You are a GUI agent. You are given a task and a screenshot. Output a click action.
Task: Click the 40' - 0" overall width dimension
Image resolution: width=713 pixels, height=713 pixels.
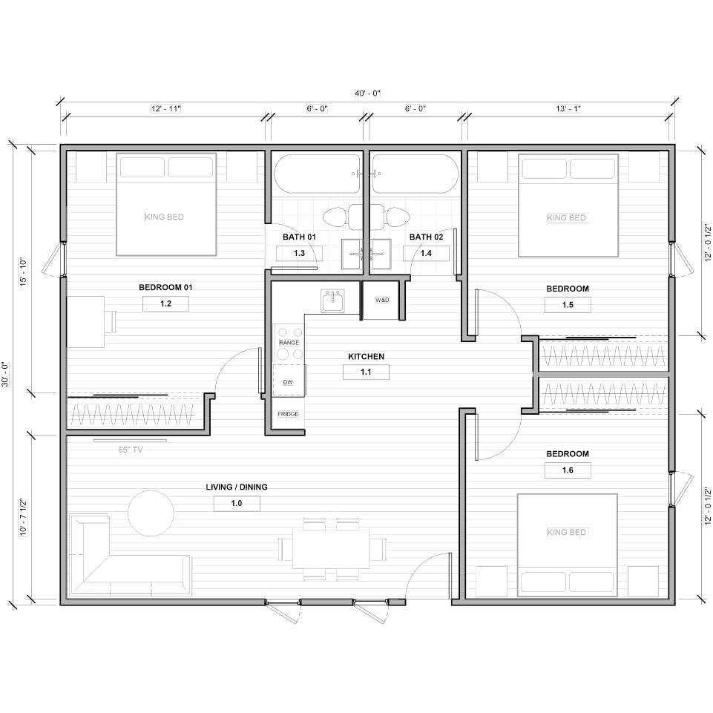coord(367,93)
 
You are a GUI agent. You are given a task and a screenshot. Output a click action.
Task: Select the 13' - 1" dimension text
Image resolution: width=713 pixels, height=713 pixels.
coord(568,109)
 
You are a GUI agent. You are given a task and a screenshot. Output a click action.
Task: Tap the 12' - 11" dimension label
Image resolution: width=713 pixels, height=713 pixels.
coord(165,109)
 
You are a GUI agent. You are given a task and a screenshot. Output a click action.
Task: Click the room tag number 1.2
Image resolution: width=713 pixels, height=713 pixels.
coord(165,303)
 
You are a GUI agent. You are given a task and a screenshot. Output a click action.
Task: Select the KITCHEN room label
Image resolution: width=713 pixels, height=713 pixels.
coord(366,357)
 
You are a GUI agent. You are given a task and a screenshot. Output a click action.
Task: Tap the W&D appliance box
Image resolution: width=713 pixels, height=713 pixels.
coord(382,300)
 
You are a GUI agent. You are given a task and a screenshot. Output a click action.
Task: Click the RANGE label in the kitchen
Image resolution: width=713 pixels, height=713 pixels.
coord(289,343)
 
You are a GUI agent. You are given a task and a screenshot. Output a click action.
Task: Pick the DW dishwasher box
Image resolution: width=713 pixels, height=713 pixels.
coord(288,381)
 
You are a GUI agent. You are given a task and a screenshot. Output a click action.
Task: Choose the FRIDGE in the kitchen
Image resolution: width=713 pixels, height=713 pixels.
coord(288,414)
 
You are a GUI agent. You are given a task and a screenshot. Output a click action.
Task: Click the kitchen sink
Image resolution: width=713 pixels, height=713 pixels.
coord(332,300)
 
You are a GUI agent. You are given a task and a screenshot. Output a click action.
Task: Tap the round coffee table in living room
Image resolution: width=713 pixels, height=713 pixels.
coord(151,512)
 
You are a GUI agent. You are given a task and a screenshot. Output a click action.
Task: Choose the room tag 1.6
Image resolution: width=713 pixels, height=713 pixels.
coord(568,470)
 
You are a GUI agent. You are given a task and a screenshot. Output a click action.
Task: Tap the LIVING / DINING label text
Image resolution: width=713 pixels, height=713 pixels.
coord(237,487)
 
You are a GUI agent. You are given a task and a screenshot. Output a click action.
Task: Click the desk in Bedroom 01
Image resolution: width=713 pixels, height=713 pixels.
coord(85,321)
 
